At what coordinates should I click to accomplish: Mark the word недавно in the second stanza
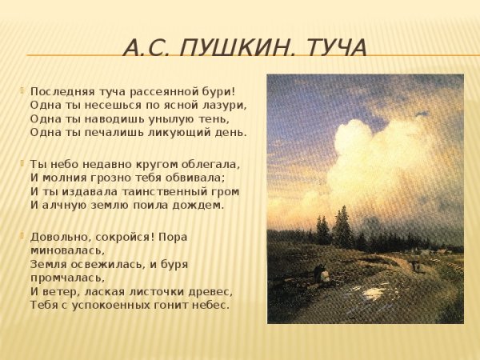108,163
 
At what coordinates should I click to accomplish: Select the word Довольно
58,237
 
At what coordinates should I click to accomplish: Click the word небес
210,305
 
